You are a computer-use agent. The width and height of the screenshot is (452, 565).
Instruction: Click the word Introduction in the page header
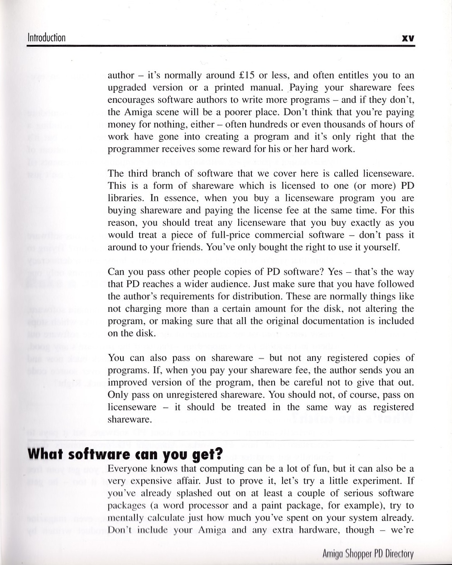coord(47,38)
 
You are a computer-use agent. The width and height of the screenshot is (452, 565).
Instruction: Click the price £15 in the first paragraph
coord(246,75)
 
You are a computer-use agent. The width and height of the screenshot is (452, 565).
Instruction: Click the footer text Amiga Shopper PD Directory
coord(368,554)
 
